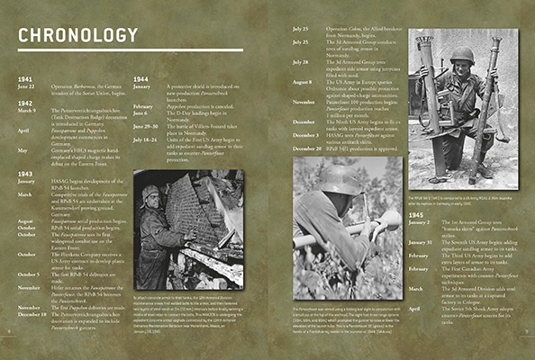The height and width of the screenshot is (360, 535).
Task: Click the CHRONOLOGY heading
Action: [78, 36]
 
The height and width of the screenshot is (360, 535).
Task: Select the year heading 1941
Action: [25, 78]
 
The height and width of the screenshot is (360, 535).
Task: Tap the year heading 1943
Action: [25, 172]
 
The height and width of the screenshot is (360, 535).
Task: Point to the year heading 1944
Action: [141, 78]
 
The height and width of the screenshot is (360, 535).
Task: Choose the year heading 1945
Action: [419, 215]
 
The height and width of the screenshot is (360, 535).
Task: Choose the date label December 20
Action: [309, 148]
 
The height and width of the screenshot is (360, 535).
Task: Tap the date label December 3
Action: [307, 133]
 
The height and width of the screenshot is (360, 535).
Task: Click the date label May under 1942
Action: [23, 150]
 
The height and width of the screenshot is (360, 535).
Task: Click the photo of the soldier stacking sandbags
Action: [187, 226]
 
